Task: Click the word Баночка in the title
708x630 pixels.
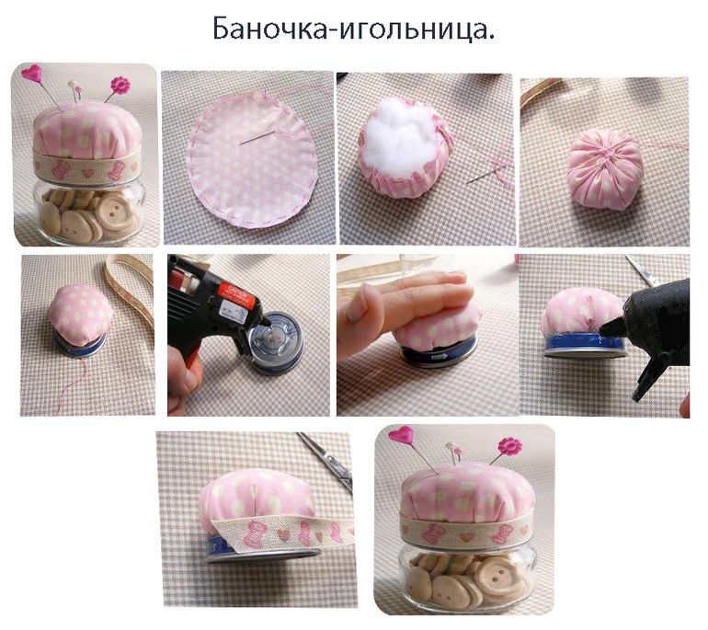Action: point(268,29)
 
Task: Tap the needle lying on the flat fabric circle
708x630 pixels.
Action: point(257,137)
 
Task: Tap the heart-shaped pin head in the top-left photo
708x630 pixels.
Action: point(31,74)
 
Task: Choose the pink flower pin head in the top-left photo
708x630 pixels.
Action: point(120,85)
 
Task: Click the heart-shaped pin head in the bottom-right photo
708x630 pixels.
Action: point(402,434)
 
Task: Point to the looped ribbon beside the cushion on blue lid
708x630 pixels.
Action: point(129,289)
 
